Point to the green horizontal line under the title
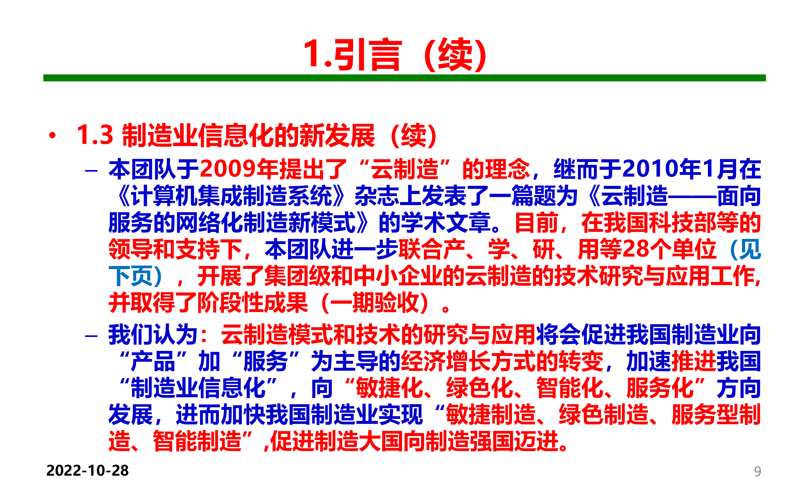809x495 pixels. coord(404,78)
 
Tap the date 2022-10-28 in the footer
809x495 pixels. coord(87,470)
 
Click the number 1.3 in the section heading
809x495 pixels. coord(95,135)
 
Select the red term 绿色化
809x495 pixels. coord(479,388)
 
